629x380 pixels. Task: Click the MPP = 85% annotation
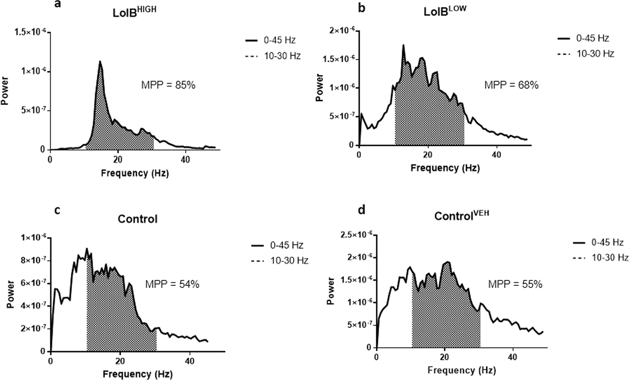point(168,85)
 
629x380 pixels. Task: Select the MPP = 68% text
point(511,85)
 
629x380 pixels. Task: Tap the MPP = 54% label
point(172,284)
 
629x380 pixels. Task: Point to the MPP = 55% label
point(515,284)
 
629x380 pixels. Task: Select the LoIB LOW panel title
point(445,11)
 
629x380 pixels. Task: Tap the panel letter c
point(58,210)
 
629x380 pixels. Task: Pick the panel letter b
point(361,8)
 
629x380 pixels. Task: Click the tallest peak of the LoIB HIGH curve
point(100,61)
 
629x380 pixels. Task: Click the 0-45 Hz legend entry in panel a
point(272,40)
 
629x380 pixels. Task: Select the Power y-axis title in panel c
point(10,294)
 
